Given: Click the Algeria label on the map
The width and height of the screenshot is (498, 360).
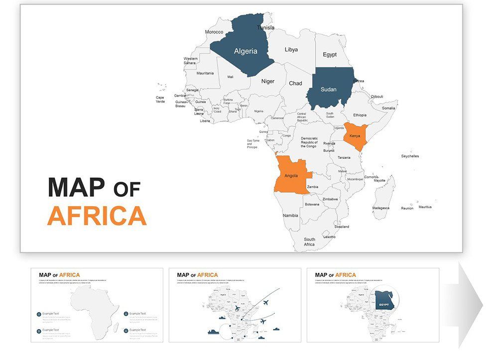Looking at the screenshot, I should pos(246,51).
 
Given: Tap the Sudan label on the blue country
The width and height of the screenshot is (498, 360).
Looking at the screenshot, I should pos(328,90).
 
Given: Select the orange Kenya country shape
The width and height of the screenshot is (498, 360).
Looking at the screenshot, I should pos(356,137).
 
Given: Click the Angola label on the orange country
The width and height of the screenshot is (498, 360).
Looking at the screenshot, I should pos(291,176).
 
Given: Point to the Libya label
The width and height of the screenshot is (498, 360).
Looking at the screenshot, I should pos(291,50).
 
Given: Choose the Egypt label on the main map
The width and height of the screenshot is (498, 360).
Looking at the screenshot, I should pos(329,54).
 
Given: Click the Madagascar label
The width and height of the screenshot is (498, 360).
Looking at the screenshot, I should pos(381,208).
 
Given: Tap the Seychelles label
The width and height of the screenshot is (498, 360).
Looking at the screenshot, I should pos(410,156).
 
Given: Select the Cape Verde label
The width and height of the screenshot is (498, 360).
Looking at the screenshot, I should pos(160,100).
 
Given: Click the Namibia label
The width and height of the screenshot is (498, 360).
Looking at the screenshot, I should pos(290,216).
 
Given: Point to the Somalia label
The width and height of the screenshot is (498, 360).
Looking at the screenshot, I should pos(388,108).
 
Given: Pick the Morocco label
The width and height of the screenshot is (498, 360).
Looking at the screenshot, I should pos(214,32).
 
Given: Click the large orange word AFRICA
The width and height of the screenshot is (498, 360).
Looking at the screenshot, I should pos(97,216).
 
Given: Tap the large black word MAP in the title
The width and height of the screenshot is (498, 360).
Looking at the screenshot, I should pos(77,187).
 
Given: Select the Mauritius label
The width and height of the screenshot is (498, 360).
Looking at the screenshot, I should pos(425,207).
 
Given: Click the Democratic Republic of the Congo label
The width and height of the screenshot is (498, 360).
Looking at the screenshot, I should pos(309,142).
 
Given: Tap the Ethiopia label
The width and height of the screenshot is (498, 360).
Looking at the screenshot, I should pos(360,115).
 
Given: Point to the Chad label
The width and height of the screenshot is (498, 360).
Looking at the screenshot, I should pos(295,83).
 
